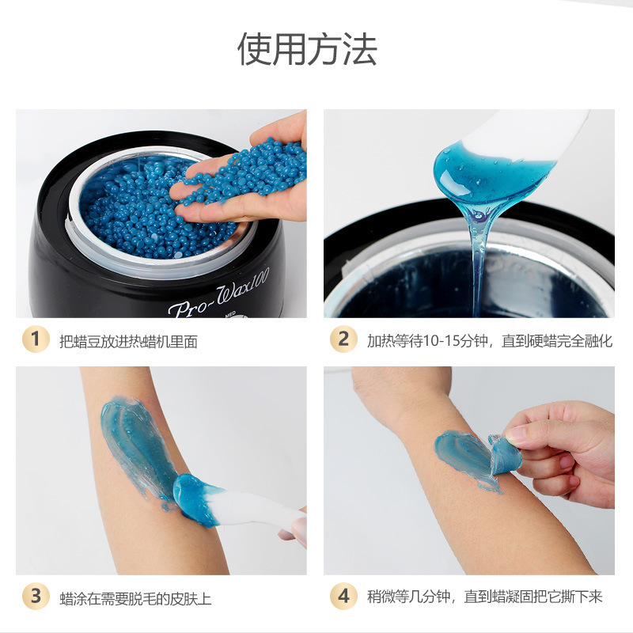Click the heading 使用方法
click(x=307, y=49)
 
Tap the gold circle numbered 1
click(x=36, y=339)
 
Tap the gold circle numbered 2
click(x=343, y=339)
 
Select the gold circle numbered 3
click(x=36, y=596)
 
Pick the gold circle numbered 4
click(x=343, y=596)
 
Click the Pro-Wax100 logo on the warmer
click(x=218, y=293)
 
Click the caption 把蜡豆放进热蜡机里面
click(x=128, y=342)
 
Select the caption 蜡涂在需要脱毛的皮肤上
click(x=135, y=598)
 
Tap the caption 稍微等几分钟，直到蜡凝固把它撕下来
click(x=484, y=597)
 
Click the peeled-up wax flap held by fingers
click(x=505, y=454)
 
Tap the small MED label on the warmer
click(x=230, y=313)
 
